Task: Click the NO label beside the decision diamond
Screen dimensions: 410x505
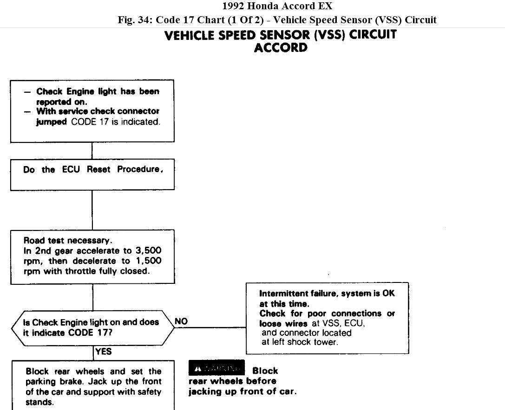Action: pyautogui.click(x=181, y=321)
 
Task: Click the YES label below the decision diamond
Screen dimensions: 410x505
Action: pyautogui.click(x=103, y=352)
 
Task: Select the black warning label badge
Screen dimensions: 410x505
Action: pyautogui.click(x=216, y=368)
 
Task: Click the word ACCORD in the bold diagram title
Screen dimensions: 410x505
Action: pyautogui.click(x=281, y=48)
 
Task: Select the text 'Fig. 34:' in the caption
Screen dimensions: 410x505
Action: pyautogui.click(x=135, y=20)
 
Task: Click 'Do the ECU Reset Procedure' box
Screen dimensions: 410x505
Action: pyautogui.click(x=92, y=170)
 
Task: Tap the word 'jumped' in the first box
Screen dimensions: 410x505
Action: pyautogui.click(x=52, y=122)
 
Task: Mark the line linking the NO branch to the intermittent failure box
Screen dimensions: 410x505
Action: pyautogui.click(x=210, y=327)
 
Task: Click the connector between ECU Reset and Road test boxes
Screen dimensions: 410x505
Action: pyautogui.click(x=92, y=210)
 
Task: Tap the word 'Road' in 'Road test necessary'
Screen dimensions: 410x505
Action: pyautogui.click(x=33, y=241)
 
